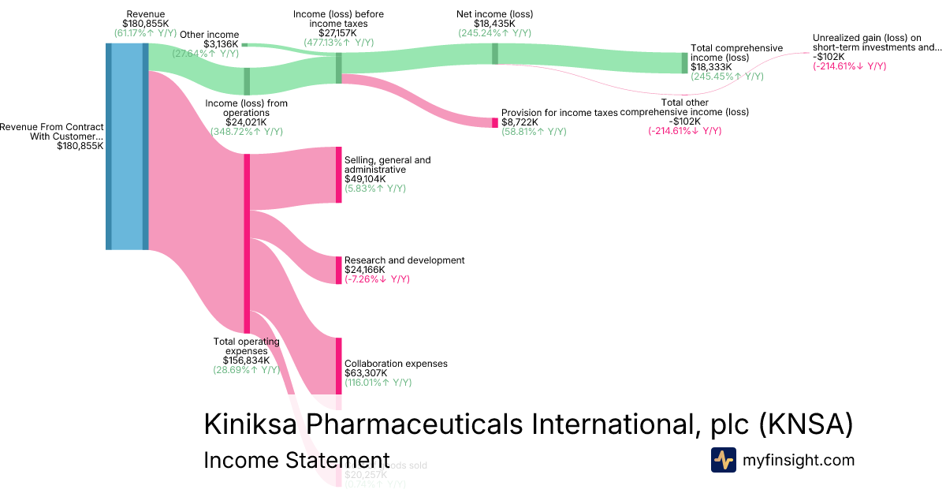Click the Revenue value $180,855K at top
pos(145,24)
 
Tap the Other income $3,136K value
pos(221,44)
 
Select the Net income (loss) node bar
pos(495,53)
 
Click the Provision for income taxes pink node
pos(495,122)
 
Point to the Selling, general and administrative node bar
pos(339,174)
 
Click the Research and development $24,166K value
pos(365,270)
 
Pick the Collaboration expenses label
pos(396,364)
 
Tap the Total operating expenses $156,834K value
pos(247,361)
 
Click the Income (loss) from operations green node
pos(247,81)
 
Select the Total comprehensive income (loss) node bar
pos(684,63)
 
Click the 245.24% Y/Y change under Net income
pos(494,33)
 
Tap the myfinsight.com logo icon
pos(723,460)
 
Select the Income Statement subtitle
pos(296,461)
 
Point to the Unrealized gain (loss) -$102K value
pos(829,57)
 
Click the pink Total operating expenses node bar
pos(247,243)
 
